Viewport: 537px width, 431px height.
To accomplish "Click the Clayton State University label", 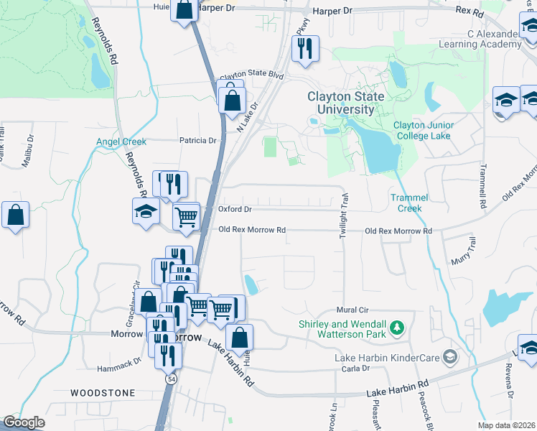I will [x=345, y=103].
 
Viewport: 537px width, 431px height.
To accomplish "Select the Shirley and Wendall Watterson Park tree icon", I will [x=396, y=329].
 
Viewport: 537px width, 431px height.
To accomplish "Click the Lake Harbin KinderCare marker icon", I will [x=450, y=357].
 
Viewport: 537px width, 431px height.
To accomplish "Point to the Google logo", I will [x=24, y=422].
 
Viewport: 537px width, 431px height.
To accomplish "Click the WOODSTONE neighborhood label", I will [x=103, y=393].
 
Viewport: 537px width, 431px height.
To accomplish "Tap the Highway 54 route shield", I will [x=171, y=378].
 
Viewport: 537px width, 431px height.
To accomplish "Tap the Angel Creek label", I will [x=121, y=142].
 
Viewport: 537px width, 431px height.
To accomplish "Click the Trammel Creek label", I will [x=409, y=203].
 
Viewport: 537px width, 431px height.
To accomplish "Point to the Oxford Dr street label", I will [x=235, y=210].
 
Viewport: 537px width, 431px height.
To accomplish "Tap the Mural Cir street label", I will [x=352, y=310].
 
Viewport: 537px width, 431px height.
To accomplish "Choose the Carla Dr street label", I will [x=355, y=369].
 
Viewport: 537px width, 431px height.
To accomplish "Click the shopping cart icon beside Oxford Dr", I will [x=186, y=215].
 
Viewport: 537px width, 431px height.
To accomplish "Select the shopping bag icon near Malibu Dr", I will [x=15, y=215].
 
